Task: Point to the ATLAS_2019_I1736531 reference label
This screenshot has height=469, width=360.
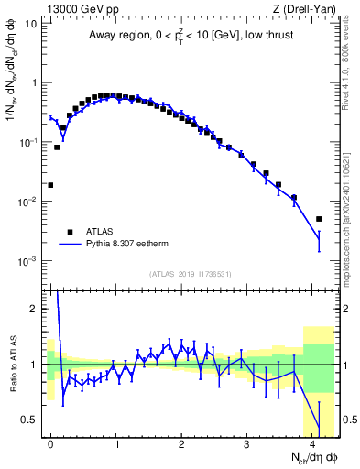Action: (x=190, y=274)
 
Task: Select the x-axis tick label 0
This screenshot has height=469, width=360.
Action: (x=50, y=442)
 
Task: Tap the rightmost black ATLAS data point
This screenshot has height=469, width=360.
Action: (x=319, y=219)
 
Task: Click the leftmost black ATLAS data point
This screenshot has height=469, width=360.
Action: (x=50, y=185)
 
